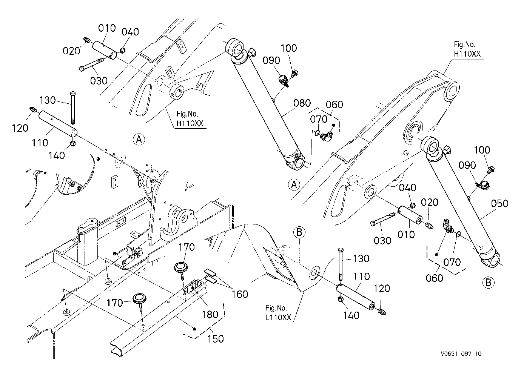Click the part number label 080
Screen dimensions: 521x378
[x=302, y=103]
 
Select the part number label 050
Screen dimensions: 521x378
[x=499, y=204]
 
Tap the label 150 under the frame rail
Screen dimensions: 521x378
[x=215, y=339]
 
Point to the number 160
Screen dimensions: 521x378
[x=240, y=294]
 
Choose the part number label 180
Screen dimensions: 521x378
[x=210, y=315]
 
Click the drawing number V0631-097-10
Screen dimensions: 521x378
[x=461, y=354]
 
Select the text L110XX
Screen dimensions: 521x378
[x=278, y=318]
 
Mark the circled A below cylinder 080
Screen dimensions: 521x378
[x=294, y=184]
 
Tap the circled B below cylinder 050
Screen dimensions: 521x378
[x=488, y=283]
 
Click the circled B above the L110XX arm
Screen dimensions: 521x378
[x=299, y=232]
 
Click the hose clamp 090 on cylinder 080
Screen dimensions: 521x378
[x=284, y=81]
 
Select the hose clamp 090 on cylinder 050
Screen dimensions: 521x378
[x=481, y=185]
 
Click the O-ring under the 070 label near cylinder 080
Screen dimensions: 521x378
[x=316, y=133]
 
